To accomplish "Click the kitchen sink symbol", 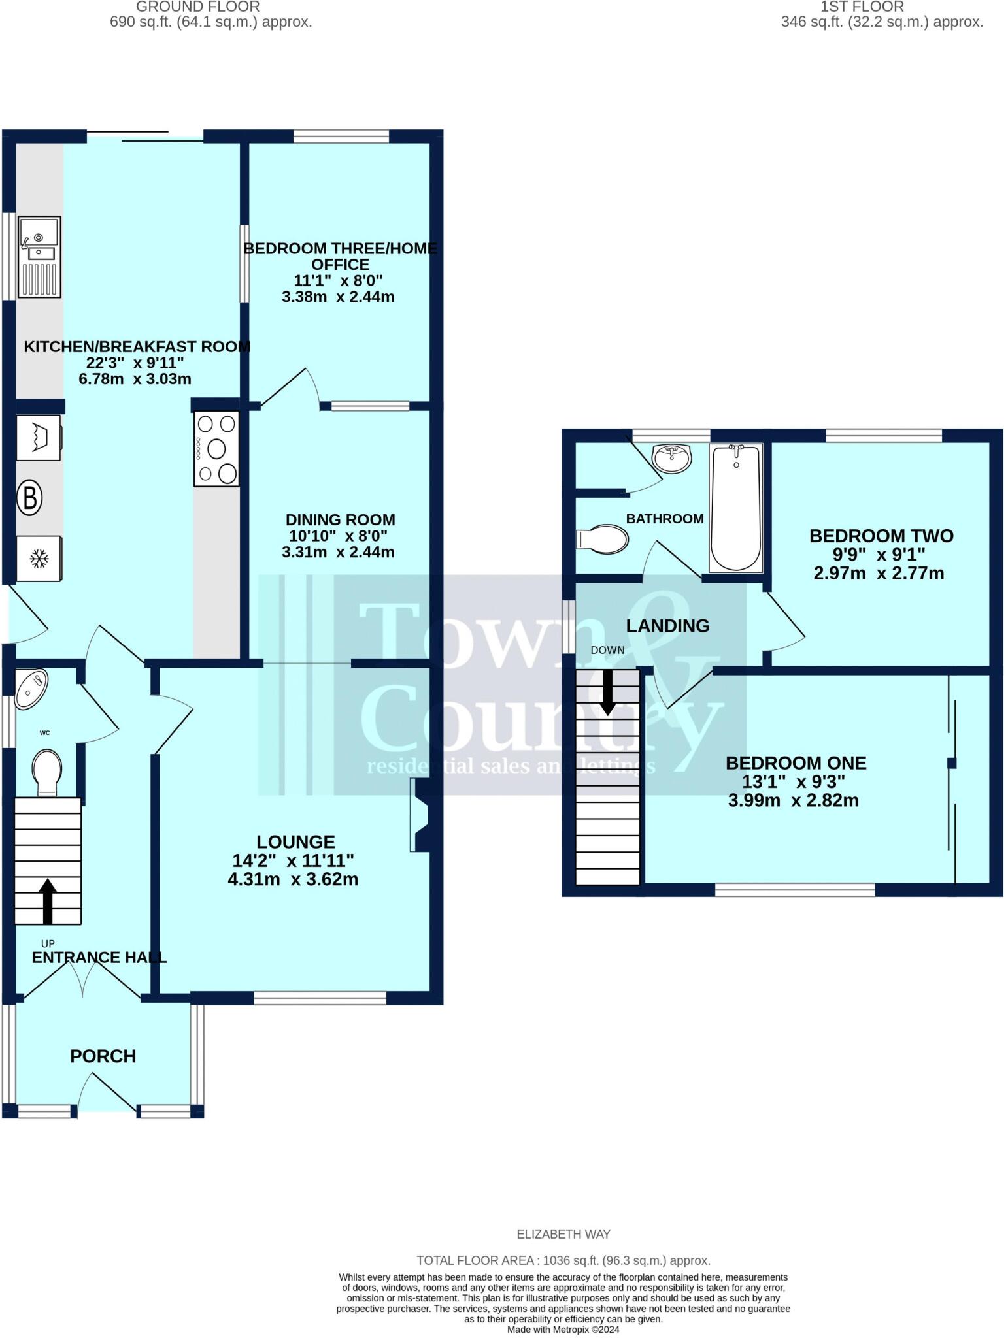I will [39, 257].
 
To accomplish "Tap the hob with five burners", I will [216, 449].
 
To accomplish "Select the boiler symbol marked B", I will [29, 498].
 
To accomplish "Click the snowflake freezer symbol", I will [39, 559].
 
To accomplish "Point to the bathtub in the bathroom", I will [736, 508].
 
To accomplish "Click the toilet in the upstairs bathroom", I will [603, 539].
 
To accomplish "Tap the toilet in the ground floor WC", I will [47, 772].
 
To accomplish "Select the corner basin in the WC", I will [31, 687].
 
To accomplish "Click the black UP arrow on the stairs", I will [48, 901].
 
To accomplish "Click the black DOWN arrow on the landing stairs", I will [607, 692].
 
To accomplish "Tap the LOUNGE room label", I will [295, 842].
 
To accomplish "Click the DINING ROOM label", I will [340, 520].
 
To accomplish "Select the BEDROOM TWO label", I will [881, 536].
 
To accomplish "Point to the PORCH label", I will [103, 1056].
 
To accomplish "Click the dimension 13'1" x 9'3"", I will [793, 781].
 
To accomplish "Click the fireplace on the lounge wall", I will [419, 815].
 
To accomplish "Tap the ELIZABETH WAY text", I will [563, 1234].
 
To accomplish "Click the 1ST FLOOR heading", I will [862, 7].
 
